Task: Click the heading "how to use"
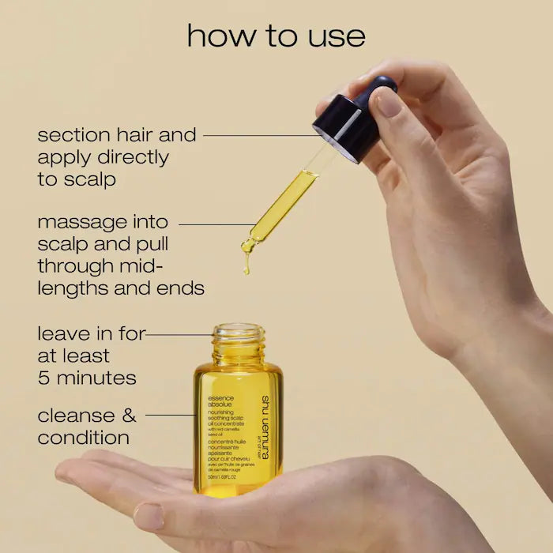tap(276, 36)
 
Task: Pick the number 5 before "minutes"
tap(44, 378)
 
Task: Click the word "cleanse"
tap(75, 415)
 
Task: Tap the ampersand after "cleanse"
tap(128, 415)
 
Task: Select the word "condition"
tap(83, 437)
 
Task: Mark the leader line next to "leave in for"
tap(179, 334)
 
